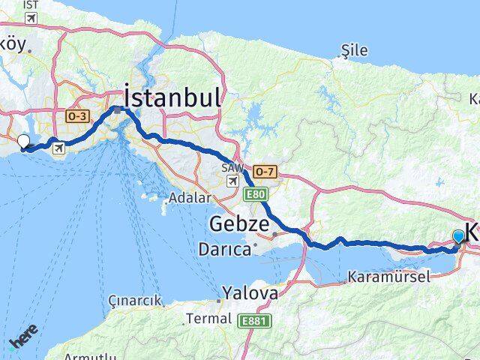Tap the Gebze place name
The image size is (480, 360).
point(238,223)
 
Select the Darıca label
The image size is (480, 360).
point(224,249)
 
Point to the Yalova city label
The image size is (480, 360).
point(250,292)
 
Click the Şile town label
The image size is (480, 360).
point(354,50)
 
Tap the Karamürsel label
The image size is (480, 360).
point(389,277)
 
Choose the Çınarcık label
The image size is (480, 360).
point(136,301)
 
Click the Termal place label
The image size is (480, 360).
point(208,319)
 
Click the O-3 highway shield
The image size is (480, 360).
point(77,116)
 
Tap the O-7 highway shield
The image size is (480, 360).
point(264,170)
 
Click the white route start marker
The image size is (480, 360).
point(24,141)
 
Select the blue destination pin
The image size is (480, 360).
point(459,237)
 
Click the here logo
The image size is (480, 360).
point(23,340)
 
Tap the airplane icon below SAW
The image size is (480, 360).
point(232,181)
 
